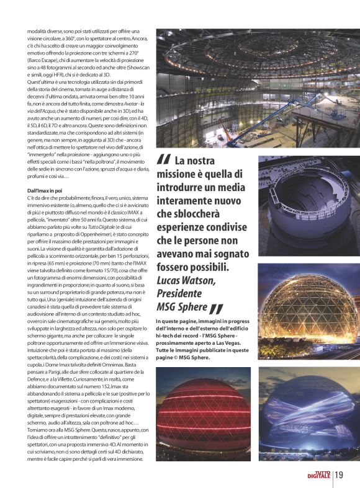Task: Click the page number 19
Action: pos(339,476)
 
